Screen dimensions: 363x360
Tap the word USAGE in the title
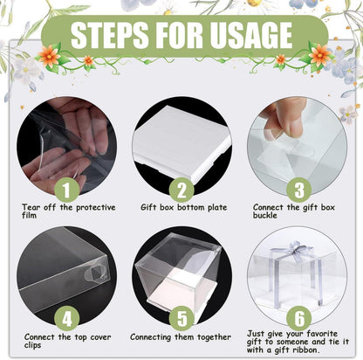click(250, 35)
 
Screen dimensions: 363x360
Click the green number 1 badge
click(66, 190)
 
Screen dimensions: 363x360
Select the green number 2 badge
click(181, 190)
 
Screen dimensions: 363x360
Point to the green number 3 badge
click(298, 190)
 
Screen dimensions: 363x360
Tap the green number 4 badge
click(66, 318)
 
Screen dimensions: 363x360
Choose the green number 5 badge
click(181, 318)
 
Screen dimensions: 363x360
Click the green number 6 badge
click(299, 318)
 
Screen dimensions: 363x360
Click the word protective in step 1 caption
click(96, 208)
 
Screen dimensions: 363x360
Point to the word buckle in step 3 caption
click(264, 215)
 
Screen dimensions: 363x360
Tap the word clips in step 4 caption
click(32, 345)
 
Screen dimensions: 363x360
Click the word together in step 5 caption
click(215, 337)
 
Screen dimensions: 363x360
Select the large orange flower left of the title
click(49, 56)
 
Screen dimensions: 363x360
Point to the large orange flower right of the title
click(319, 55)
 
